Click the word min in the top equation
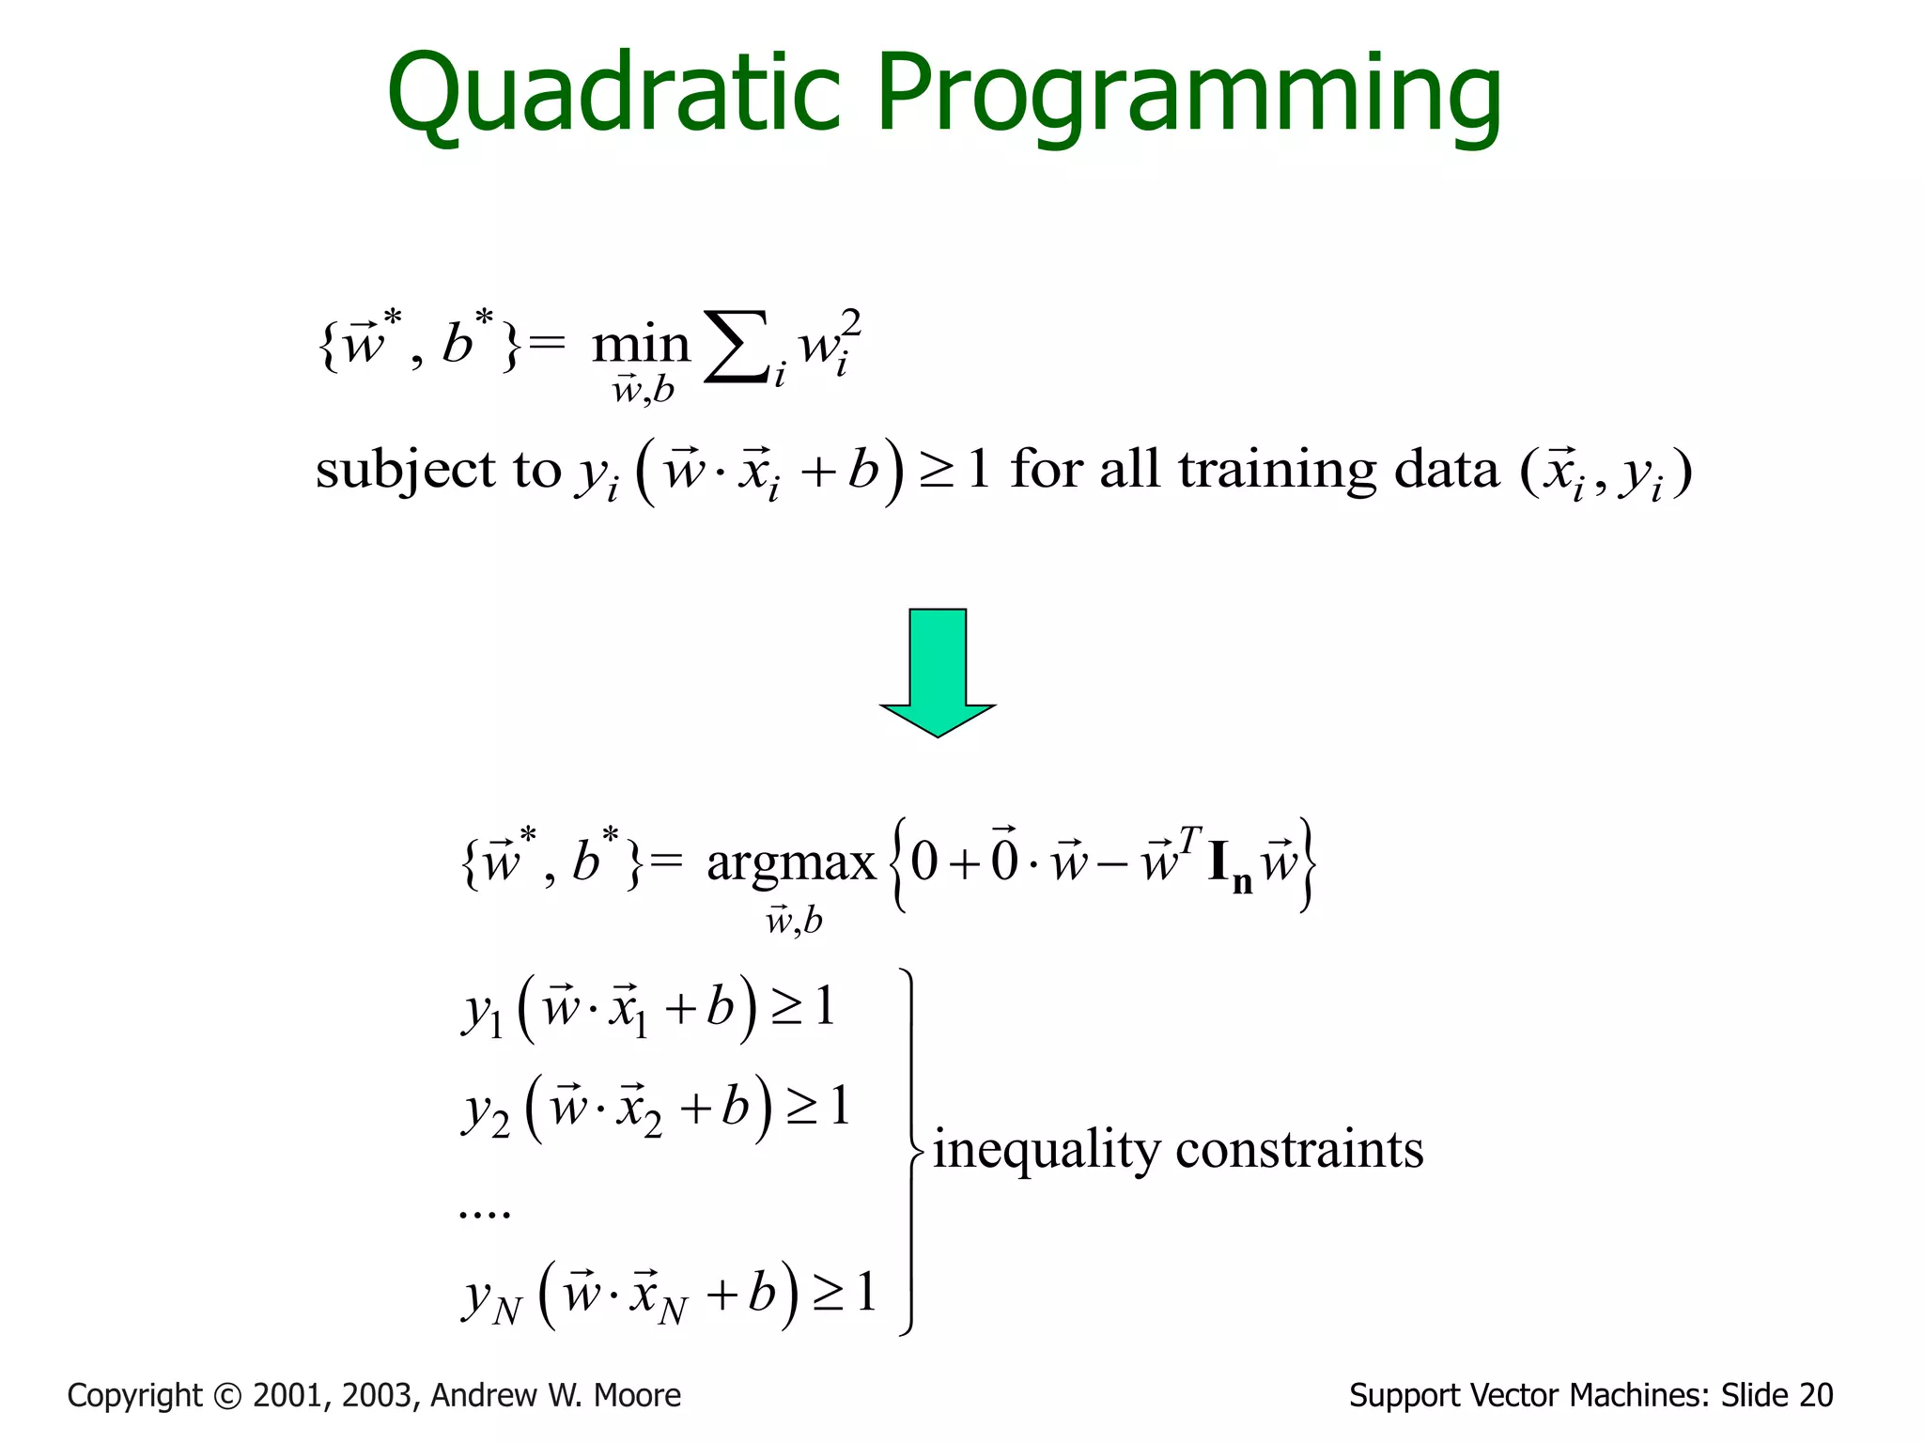(641, 344)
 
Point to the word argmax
(791, 862)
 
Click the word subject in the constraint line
(405, 470)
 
